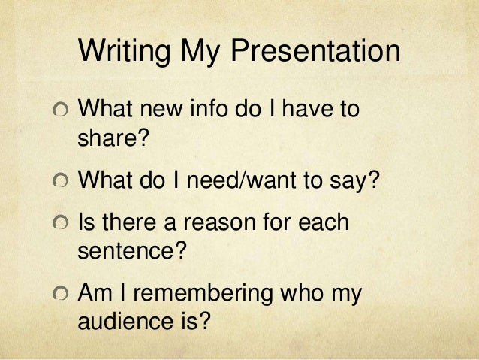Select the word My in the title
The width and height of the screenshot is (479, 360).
point(200,53)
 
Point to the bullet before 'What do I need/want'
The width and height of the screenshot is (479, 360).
point(60,182)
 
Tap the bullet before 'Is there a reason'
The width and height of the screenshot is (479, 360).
point(60,224)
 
